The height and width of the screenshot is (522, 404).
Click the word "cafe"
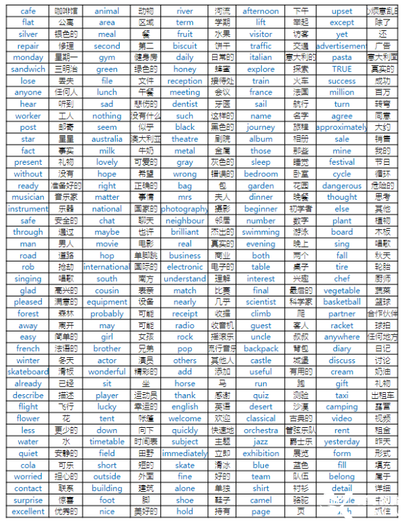[28, 11]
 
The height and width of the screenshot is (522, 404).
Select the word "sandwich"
[28, 69]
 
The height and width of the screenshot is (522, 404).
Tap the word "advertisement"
[341, 46]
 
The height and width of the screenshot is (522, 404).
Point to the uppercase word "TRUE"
[341, 69]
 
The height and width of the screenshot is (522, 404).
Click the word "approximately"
[341, 127]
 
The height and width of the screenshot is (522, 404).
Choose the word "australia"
[107, 139]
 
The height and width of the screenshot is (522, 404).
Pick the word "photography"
[184, 209]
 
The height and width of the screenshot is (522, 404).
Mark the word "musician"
[28, 197]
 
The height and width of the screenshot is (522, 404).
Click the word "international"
[107, 267]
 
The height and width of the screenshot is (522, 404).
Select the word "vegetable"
[341, 291]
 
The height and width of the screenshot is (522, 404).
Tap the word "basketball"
[341, 302]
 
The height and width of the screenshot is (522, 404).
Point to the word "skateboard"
[28, 371]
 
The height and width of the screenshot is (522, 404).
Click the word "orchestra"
[261, 430]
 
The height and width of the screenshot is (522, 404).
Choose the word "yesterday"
[341, 442]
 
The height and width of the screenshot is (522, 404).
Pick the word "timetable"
[107, 442]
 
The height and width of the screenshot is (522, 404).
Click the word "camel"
[261, 500]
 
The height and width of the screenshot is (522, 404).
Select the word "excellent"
[28, 511]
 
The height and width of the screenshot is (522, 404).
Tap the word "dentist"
[184, 104]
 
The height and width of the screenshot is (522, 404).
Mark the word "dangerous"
[341, 186]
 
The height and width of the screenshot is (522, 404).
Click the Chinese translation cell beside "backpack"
[301, 348]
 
